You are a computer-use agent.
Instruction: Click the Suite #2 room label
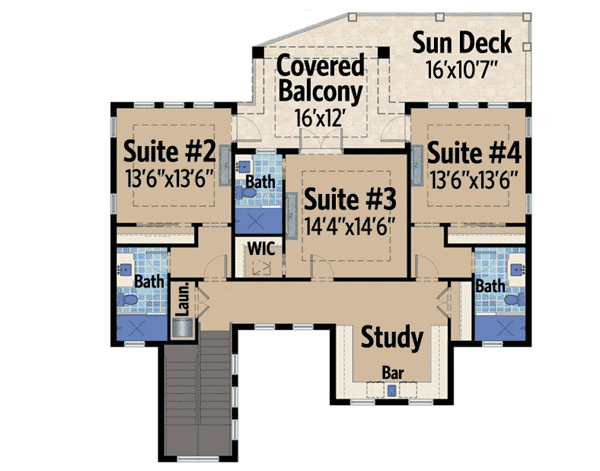click(169, 153)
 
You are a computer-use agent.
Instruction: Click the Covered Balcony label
click(319, 81)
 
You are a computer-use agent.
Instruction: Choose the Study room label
click(392, 335)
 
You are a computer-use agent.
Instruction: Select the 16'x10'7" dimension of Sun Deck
click(462, 71)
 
